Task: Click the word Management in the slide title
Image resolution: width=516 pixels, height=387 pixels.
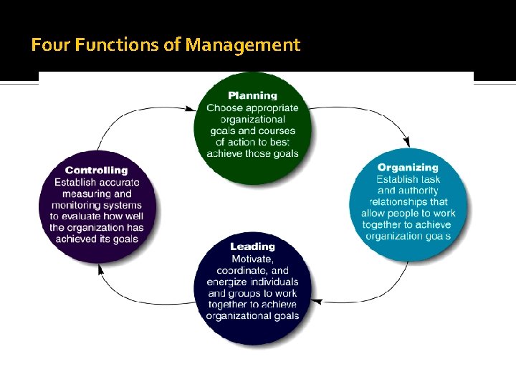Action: pos(242,46)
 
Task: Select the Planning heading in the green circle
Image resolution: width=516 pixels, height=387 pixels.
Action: pos(252,95)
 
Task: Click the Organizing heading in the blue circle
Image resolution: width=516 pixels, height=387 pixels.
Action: pos(408,168)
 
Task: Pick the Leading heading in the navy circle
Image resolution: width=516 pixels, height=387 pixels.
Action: pos(252,247)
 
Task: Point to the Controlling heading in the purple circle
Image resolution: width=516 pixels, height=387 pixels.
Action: pos(96,170)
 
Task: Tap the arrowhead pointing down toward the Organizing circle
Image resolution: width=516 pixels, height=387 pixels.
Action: pos(408,141)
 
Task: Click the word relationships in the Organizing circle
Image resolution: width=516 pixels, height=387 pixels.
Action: pos(401,202)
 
